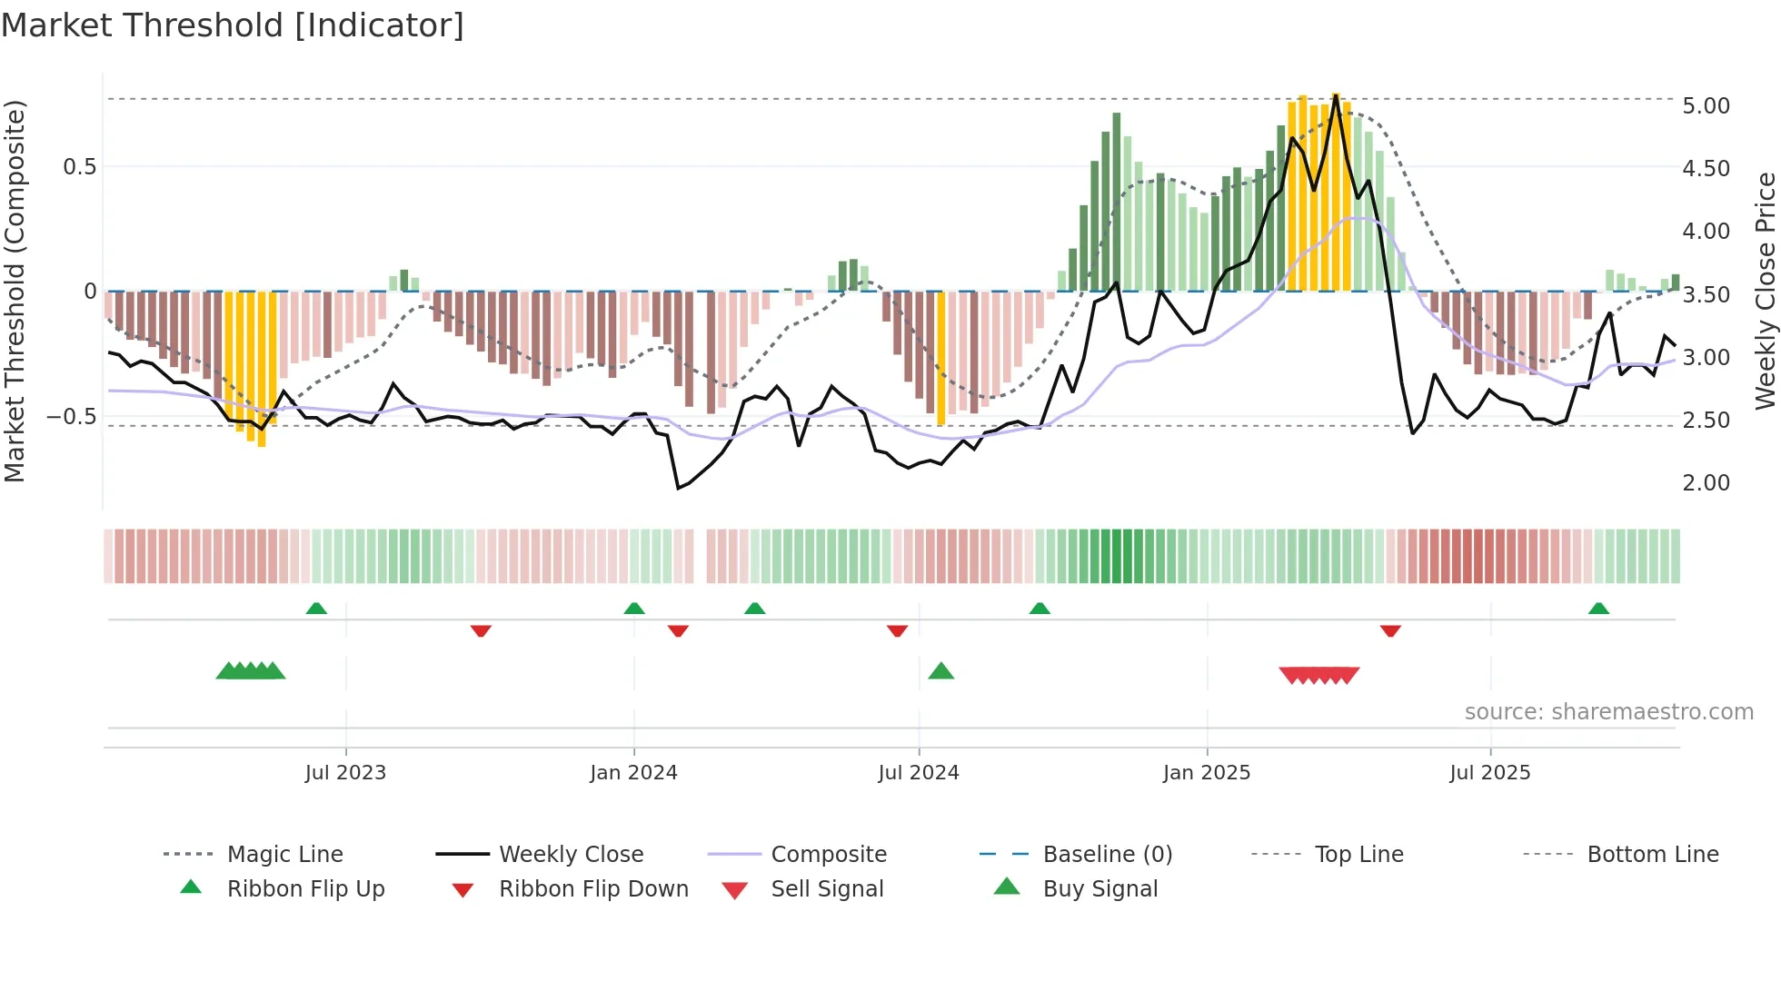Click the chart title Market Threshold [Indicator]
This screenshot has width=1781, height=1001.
tap(233, 25)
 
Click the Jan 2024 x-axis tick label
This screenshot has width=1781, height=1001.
tap(633, 773)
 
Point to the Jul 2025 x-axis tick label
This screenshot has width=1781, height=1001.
tap(1489, 773)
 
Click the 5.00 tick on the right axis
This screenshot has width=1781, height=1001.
tap(1706, 106)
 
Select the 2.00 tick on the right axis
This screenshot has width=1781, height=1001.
tap(1706, 483)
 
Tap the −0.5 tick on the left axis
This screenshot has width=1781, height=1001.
tap(71, 417)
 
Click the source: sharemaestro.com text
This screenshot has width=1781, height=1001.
tap(1608, 712)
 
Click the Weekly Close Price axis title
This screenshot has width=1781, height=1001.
tap(1765, 291)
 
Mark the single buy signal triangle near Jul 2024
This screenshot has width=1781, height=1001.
tap(941, 671)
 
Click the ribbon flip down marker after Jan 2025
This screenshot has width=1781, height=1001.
tap(1390, 630)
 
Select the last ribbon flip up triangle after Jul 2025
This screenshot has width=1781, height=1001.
tap(1598, 609)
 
